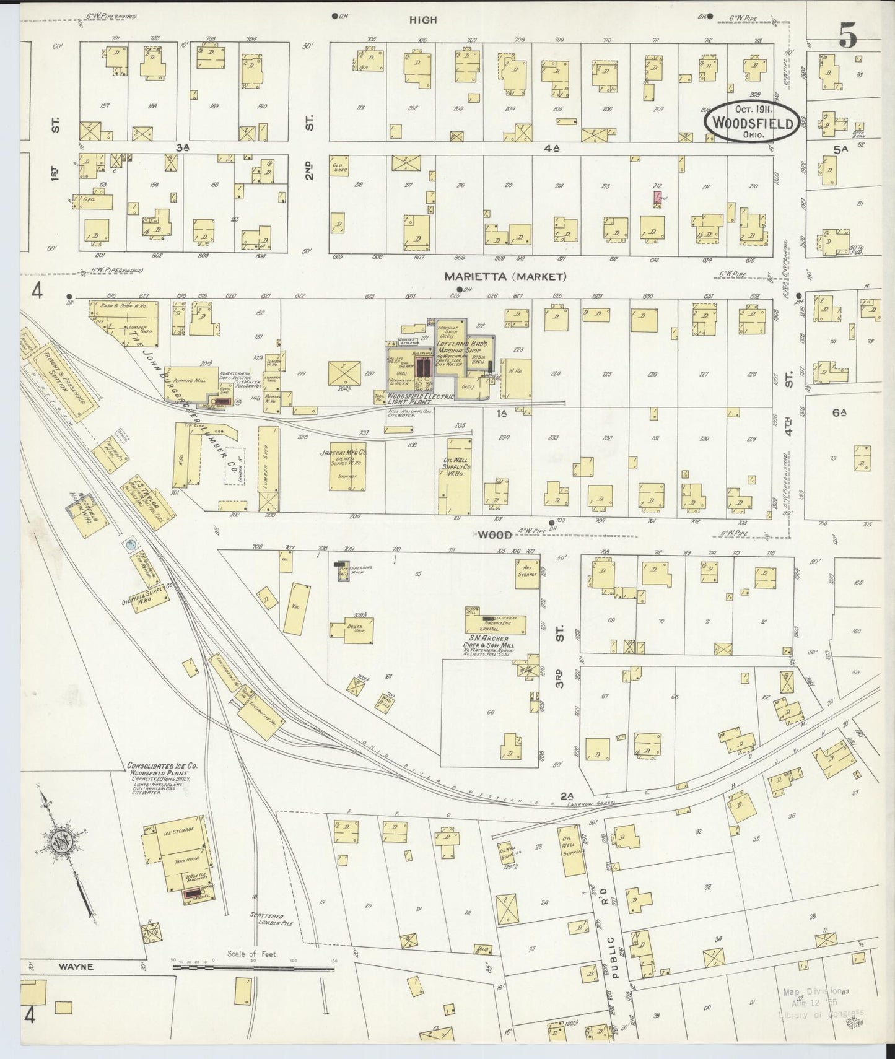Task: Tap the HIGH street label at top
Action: coord(423,20)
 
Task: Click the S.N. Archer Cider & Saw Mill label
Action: coord(494,642)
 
